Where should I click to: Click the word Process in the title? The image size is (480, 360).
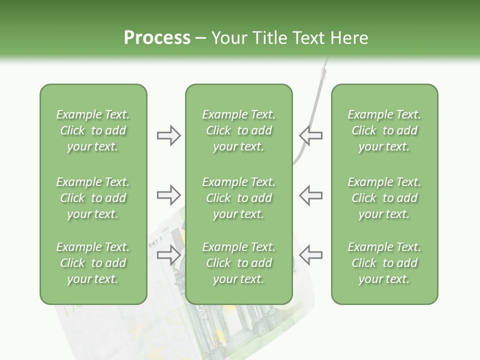coord(157,38)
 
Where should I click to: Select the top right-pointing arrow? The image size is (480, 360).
coord(168,135)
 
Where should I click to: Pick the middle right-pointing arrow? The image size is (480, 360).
coord(168,194)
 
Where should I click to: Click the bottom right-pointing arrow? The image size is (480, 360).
coord(168,254)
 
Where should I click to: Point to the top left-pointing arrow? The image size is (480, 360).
coord(311,135)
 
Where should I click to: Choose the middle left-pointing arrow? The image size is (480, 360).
coord(311,194)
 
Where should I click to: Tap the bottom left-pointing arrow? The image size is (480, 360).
coord(311,254)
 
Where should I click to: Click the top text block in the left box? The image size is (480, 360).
coord(93,130)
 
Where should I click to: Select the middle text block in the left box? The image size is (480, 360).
coord(93,198)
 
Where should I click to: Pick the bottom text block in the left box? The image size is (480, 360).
coord(93,263)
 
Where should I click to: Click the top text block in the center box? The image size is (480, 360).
coord(238,130)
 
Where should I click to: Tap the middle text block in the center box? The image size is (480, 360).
coord(238,198)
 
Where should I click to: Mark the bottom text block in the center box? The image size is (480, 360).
coord(238,263)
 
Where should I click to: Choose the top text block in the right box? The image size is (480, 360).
coord(384,130)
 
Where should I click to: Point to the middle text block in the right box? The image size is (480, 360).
coord(384,198)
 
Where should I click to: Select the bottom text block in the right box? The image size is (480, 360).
coord(384,263)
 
